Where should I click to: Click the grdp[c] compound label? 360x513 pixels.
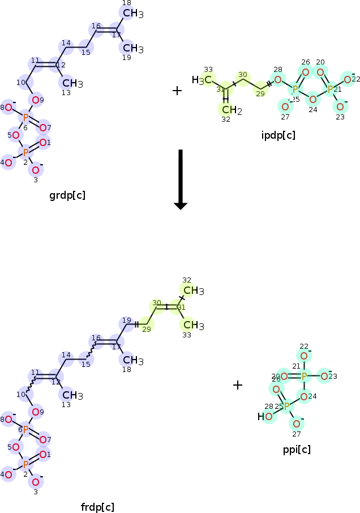67,196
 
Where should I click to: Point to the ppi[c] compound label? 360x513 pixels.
297,450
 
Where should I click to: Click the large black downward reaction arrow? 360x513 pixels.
180,179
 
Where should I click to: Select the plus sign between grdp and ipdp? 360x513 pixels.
177,91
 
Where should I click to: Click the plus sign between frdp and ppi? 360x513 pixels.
238,385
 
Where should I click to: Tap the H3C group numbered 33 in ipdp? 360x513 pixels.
202,80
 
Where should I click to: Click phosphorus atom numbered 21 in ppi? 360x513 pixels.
304,375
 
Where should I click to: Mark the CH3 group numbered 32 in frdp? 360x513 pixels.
193,290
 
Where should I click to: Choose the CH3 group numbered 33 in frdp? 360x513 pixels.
193,325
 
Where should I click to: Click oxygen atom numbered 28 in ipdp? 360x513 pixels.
277,79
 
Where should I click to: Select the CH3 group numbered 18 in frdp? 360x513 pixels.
132,360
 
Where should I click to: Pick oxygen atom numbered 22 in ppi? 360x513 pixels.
304,356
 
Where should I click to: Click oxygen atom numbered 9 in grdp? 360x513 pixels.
36,101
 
